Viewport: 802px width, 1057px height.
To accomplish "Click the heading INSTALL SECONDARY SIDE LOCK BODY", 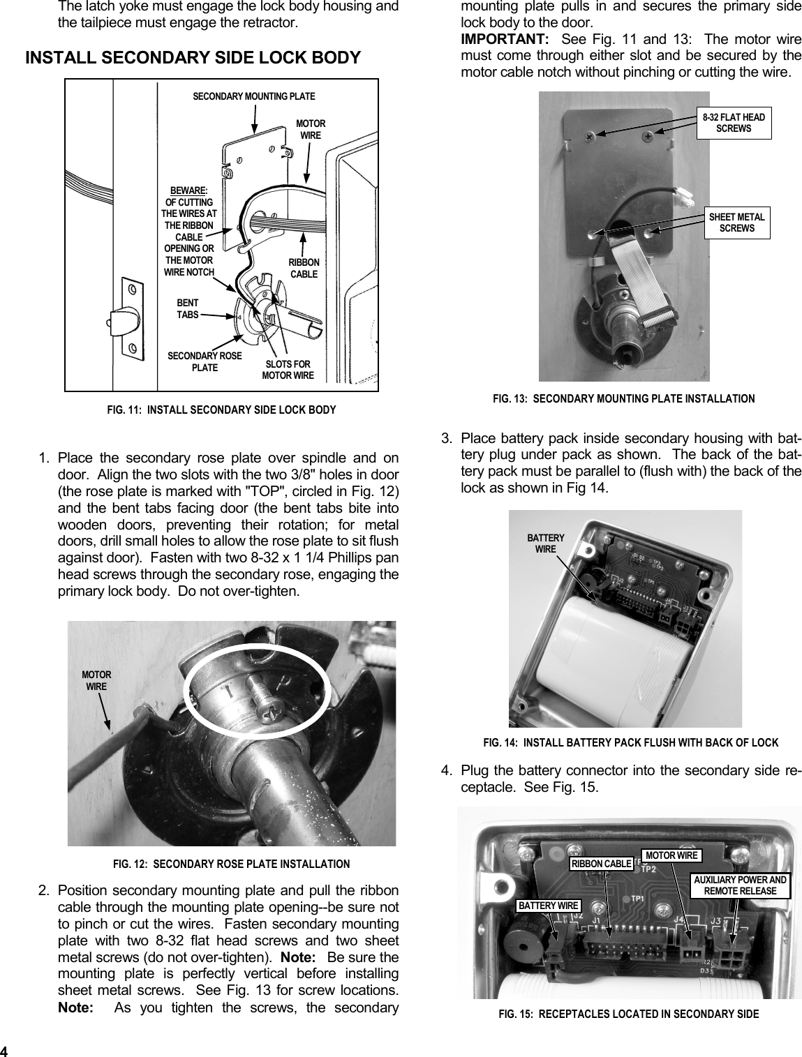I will (193, 57).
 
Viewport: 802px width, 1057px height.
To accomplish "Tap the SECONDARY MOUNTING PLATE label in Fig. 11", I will (253, 96).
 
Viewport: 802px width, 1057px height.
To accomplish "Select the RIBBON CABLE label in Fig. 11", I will (304, 268).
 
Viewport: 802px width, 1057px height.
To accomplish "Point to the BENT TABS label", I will (187, 308).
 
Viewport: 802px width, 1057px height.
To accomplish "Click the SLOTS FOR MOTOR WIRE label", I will (288, 370).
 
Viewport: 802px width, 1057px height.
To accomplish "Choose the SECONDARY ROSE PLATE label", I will (205, 361).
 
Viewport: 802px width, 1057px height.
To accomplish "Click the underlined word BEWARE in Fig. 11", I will (188, 190).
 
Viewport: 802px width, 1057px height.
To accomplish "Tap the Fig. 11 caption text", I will (221, 410).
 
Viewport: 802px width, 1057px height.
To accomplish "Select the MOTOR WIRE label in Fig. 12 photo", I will (96, 680).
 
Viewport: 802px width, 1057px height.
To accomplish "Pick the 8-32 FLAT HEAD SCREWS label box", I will (734, 123).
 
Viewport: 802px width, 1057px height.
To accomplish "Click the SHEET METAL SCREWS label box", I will (736, 223).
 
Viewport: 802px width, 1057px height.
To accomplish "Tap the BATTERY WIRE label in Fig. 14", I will (545, 544).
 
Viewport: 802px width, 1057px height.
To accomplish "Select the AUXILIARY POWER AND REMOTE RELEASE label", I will (740, 885).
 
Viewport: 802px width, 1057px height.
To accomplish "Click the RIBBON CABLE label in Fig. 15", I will (601, 864).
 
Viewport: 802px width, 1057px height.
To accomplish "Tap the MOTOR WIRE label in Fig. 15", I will (671, 855).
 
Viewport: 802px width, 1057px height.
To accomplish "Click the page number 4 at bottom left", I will (4, 1051).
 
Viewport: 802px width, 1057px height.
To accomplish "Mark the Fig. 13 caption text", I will (623, 399).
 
